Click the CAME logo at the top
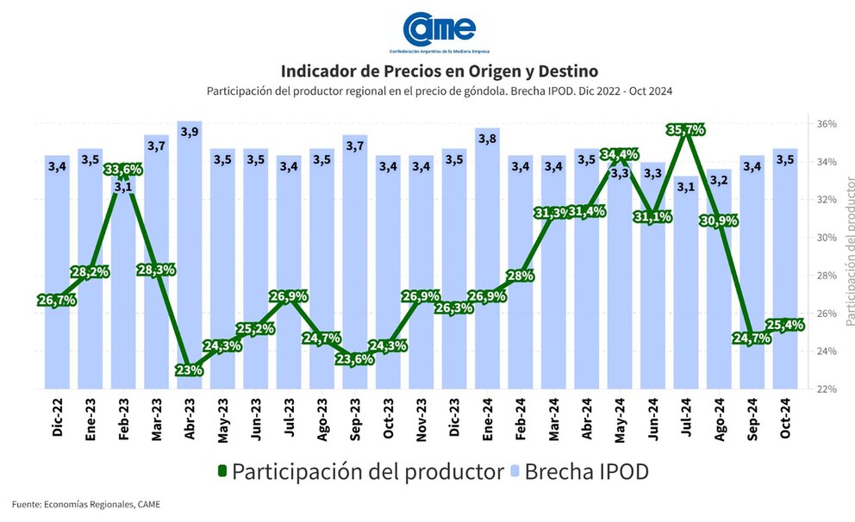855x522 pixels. click(x=440, y=29)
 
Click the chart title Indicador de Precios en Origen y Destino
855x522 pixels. click(x=440, y=70)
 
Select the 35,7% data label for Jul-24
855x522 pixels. click(x=686, y=130)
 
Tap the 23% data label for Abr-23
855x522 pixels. click(x=189, y=370)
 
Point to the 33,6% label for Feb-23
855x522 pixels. click(x=122, y=170)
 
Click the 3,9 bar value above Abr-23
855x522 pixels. click(x=189, y=132)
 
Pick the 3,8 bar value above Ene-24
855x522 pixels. click(x=487, y=138)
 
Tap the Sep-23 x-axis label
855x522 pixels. click(x=354, y=420)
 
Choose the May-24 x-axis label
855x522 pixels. click(x=620, y=420)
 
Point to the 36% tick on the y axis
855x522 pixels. click(x=826, y=124)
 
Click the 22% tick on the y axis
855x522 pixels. click(x=826, y=389)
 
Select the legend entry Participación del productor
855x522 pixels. click(x=359, y=471)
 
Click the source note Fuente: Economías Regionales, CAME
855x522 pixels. click(x=86, y=504)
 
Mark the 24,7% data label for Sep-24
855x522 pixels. click(x=752, y=338)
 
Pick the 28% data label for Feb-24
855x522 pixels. click(x=521, y=276)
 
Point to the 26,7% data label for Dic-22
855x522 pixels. click(x=57, y=300)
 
